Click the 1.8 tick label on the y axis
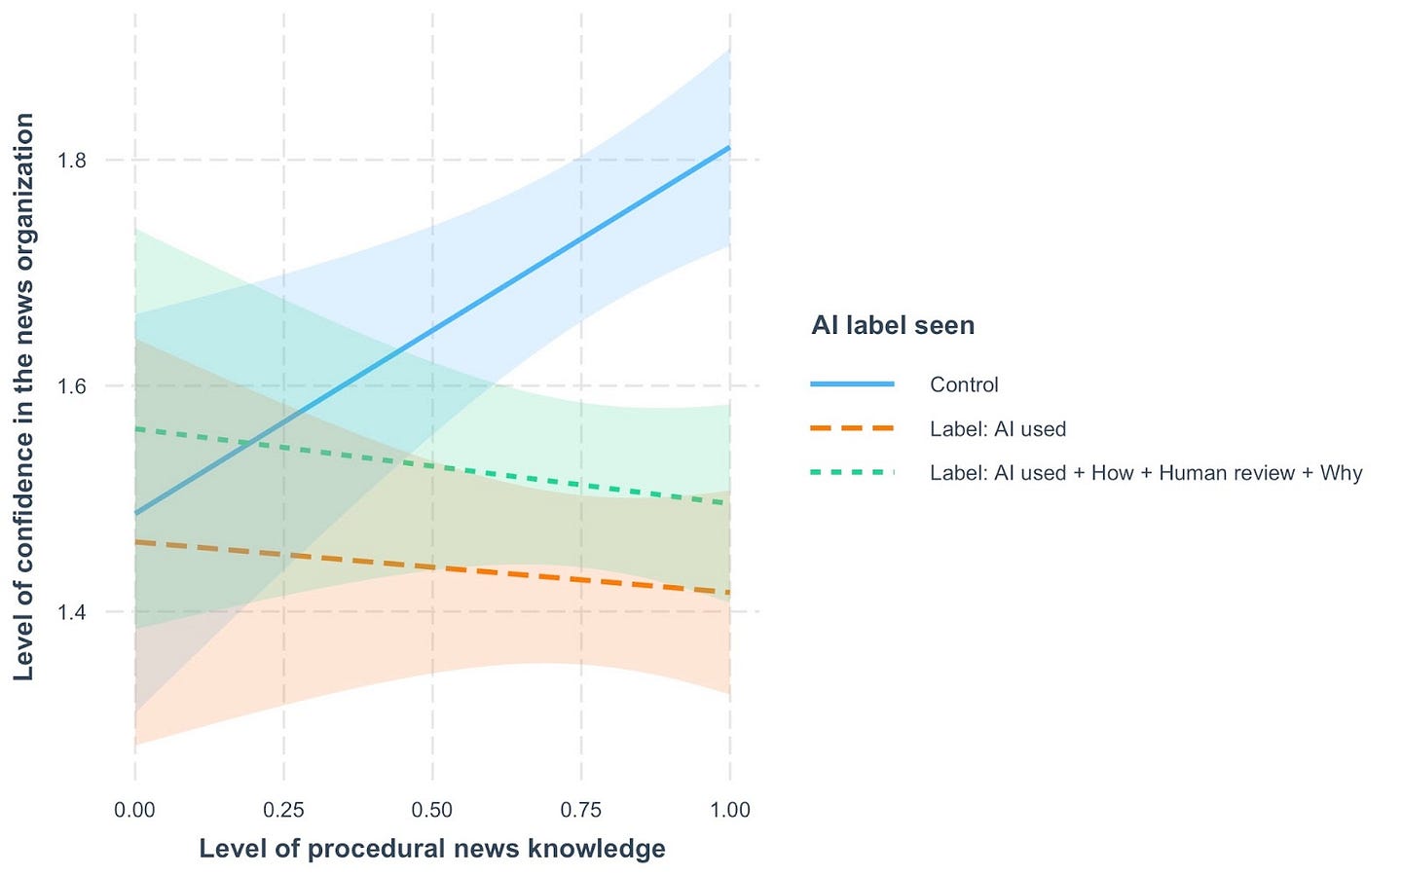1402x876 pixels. pos(72,161)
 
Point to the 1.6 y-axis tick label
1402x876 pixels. pos(72,386)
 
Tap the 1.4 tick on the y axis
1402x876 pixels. pos(72,612)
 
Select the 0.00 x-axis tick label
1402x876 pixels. pos(134,810)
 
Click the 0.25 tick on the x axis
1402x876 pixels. pos(283,810)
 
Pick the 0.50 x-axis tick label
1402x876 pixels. pos(432,810)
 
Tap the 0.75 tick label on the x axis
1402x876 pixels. pos(581,810)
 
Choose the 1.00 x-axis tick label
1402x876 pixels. pos(730,810)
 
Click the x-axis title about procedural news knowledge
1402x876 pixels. pos(432,849)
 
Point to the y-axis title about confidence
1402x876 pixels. pos(24,397)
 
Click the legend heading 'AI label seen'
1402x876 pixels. pos(893,325)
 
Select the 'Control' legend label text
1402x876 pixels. pos(964,384)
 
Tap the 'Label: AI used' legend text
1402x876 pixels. pos(998,429)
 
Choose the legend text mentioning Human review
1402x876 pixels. pos(1146,473)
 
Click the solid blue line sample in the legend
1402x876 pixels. pos(852,384)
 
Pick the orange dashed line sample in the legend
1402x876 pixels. pos(852,428)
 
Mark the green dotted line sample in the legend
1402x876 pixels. pos(852,472)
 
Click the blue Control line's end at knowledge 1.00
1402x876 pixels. pos(729,148)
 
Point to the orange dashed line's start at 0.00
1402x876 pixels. pos(135,542)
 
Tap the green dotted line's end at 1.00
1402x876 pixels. pos(728,502)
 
